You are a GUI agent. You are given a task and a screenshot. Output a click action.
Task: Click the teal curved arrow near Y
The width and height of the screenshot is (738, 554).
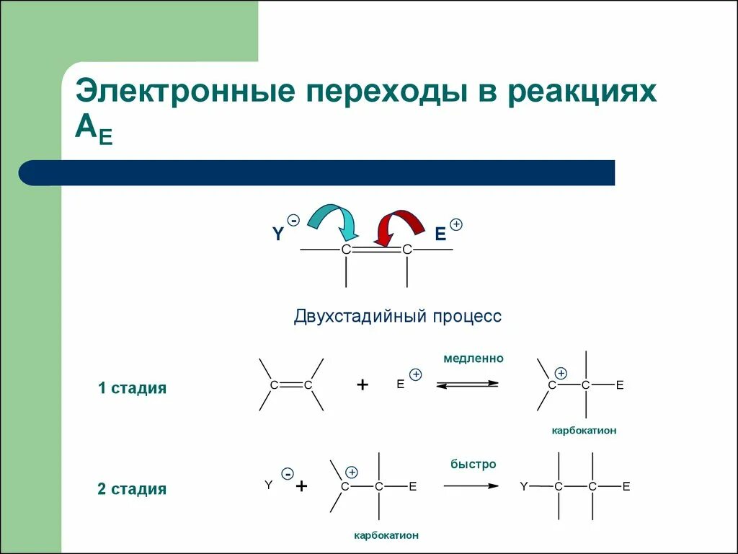click(334, 219)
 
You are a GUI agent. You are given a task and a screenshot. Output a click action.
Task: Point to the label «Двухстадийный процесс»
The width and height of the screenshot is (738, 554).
click(397, 317)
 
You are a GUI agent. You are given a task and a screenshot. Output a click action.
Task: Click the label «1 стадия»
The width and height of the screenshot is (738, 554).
click(133, 388)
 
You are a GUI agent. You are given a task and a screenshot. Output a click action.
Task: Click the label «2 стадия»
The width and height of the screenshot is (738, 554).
click(133, 489)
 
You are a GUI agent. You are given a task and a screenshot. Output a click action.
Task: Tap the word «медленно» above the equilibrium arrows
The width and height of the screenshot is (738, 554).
click(474, 358)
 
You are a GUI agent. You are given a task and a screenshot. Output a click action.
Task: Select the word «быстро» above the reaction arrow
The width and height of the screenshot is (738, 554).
click(474, 464)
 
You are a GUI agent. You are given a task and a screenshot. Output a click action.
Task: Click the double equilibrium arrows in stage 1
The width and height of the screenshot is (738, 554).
click(467, 384)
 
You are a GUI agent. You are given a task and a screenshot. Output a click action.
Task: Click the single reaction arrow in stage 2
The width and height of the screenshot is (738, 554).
click(471, 486)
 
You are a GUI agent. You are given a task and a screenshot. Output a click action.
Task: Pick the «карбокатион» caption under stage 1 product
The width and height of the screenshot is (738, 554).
click(584, 431)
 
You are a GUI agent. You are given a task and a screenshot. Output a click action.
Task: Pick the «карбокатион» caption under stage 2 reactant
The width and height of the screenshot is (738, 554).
click(386, 535)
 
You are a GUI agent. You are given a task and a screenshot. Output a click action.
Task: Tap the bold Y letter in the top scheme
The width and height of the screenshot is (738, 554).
click(277, 234)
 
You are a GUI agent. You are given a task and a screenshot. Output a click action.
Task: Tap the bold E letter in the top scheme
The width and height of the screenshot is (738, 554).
click(440, 234)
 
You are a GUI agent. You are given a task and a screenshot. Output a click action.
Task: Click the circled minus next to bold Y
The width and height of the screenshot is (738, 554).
click(293, 220)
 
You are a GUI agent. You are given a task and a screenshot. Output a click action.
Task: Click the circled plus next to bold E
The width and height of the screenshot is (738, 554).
click(455, 224)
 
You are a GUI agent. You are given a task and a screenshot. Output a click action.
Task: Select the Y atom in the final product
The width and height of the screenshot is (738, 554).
click(524, 487)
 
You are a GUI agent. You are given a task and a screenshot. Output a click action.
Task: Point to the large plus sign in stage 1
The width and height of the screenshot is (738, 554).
click(363, 385)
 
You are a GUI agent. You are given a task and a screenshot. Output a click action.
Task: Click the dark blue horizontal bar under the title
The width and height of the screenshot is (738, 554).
click(317, 173)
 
